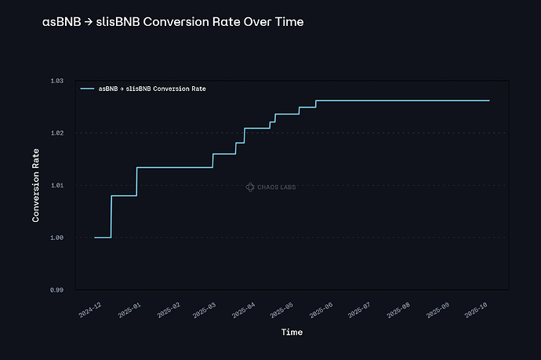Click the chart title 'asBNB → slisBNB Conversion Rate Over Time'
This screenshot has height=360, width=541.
[172, 22]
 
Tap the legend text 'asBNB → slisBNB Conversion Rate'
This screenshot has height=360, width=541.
[152, 89]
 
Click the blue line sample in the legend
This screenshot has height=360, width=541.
[87, 89]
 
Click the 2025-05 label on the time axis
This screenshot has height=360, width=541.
[281, 310]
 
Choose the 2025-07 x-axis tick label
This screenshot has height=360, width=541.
[358, 310]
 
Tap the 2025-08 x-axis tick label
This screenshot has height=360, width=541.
[396, 310]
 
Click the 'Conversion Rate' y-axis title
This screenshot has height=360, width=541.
[35, 185]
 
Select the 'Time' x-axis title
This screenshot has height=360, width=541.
[292, 332]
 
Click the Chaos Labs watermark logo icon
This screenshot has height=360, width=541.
[249, 187]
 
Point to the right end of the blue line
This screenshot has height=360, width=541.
[489, 100]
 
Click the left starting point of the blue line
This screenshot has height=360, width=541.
[94, 237]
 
